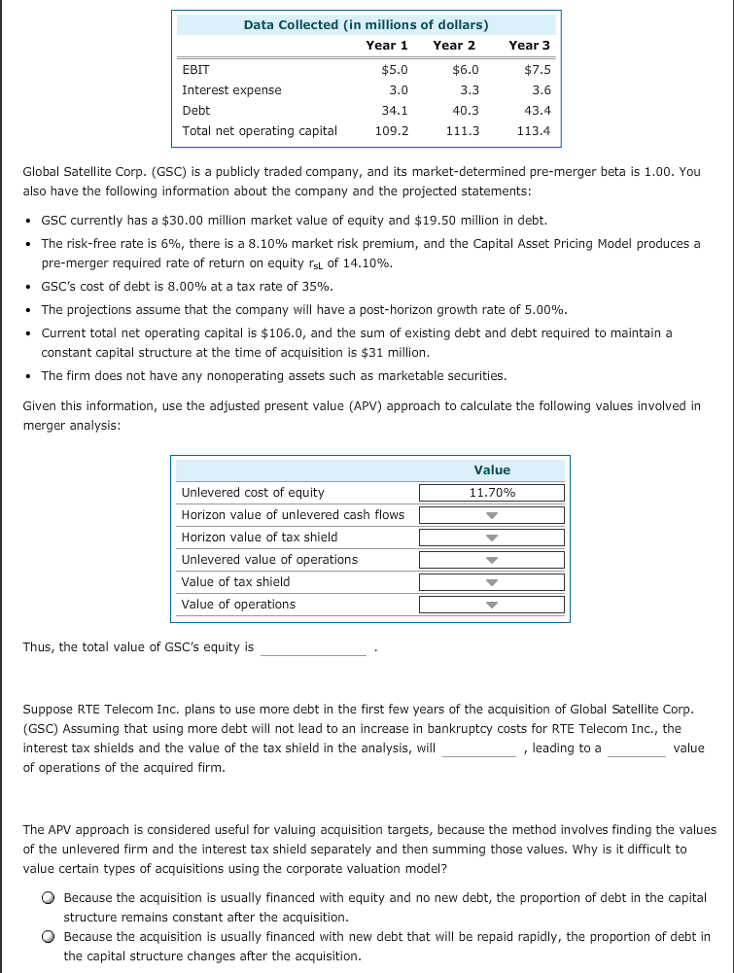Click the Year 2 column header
point(454,45)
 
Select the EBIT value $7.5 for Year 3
point(537,70)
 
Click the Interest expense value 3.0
point(398,90)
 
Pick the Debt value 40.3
point(466,111)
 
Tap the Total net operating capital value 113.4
point(534,131)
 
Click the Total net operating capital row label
point(260,131)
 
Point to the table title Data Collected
point(366,24)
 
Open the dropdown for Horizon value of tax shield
point(492,538)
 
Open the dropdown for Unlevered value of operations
point(492,560)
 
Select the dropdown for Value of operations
point(492,605)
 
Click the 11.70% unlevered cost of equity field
point(492,493)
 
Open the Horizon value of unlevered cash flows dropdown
point(492,515)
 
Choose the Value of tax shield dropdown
point(492,582)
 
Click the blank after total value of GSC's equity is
point(313,648)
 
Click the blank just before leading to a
point(479,748)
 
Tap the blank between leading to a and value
point(636,748)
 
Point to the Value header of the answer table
point(492,469)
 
